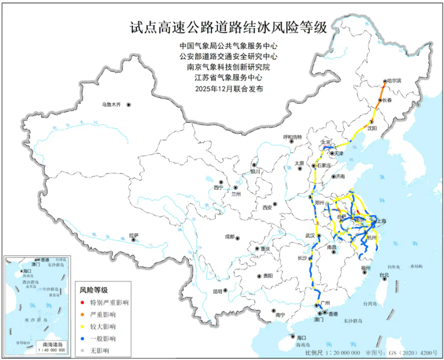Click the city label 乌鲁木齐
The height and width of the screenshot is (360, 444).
pyautogui.click(x=111, y=105)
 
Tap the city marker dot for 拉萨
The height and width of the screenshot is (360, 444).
pyautogui.click(x=134, y=240)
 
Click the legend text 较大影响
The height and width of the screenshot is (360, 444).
pyautogui.click(x=103, y=327)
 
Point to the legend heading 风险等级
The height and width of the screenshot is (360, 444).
pyautogui.click(x=94, y=290)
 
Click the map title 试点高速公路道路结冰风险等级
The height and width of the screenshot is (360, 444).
pyautogui.click(x=228, y=27)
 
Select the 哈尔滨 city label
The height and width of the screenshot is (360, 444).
pyautogui.click(x=395, y=81)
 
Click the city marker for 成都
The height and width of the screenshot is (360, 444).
pyautogui.click(x=237, y=238)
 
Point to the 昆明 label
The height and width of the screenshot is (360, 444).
pyautogui.click(x=217, y=292)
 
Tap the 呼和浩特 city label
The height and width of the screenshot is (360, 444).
pyautogui.click(x=292, y=137)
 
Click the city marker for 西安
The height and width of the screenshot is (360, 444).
pyautogui.click(x=275, y=203)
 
